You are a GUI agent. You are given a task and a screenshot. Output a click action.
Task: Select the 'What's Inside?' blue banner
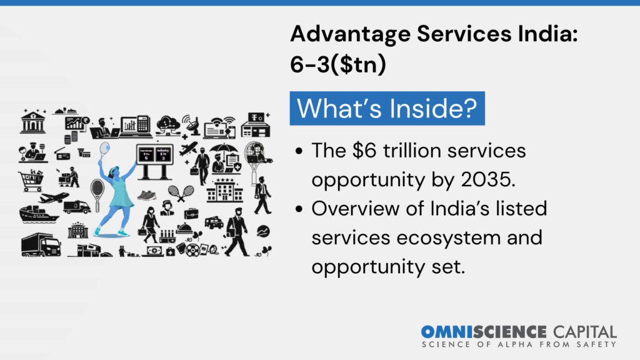point(387,107)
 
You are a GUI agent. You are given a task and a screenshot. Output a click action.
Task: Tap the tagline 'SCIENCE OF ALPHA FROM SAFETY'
point(519,344)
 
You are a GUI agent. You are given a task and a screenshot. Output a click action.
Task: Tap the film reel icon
point(192,250)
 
